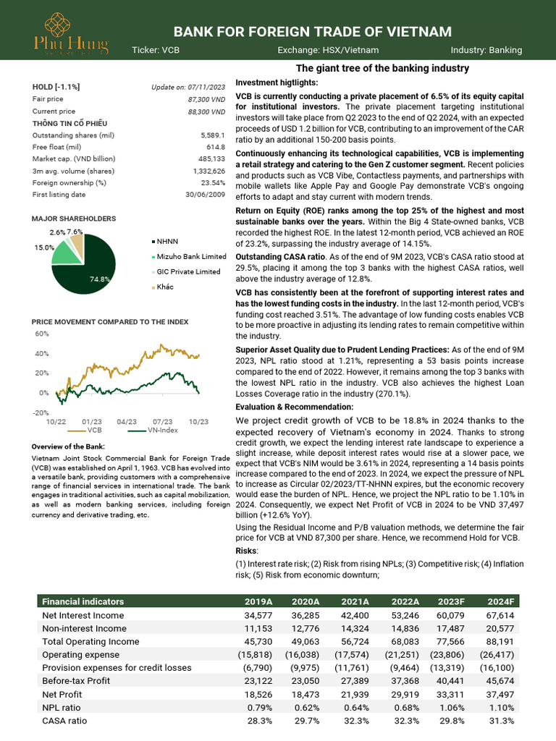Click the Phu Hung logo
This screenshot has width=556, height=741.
70,32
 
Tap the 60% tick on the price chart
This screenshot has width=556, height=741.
41,334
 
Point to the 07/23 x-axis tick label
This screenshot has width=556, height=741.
163,420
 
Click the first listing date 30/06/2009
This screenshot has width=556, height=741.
205,194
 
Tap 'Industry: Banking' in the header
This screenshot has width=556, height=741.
486,50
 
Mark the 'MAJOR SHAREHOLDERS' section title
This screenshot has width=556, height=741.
74,219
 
